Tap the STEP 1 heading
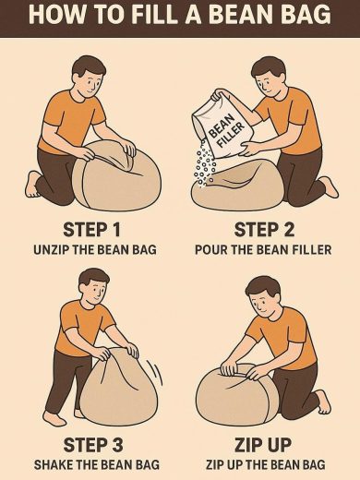click(x=91, y=230)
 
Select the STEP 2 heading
click(x=264, y=230)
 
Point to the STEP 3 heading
click(x=93, y=445)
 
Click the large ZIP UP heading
click(x=263, y=445)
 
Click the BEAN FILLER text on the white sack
click(x=227, y=133)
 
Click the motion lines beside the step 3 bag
click(x=156, y=372)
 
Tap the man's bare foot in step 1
click(x=32, y=185)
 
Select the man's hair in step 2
click(x=267, y=67)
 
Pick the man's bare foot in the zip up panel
click(x=323, y=402)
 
